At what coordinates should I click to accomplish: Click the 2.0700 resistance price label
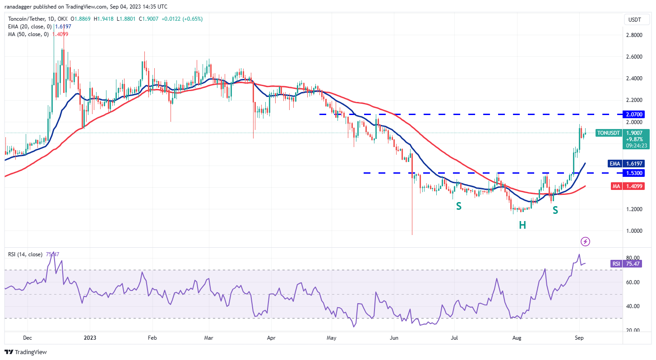click(x=634, y=114)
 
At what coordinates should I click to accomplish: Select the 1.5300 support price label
click(x=634, y=173)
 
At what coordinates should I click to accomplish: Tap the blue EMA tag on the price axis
click(x=614, y=164)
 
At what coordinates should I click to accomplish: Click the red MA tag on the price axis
click(x=616, y=186)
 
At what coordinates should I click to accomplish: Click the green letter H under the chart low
click(x=522, y=225)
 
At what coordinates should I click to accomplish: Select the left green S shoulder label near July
click(x=458, y=206)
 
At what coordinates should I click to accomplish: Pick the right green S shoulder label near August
click(x=555, y=210)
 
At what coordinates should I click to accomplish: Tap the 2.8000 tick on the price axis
click(x=634, y=35)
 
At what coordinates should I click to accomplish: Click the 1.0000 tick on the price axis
click(x=634, y=231)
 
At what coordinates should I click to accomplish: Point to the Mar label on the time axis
click(x=208, y=337)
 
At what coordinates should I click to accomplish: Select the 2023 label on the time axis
click(x=90, y=337)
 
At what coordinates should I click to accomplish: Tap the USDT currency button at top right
click(x=637, y=19)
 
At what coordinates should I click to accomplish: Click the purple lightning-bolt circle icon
click(x=585, y=241)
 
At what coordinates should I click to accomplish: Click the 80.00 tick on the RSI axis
click(x=634, y=258)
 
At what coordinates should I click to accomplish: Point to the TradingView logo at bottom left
click(x=26, y=352)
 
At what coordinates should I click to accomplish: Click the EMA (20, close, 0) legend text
click(x=30, y=27)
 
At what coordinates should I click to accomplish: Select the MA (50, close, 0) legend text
click(x=28, y=34)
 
